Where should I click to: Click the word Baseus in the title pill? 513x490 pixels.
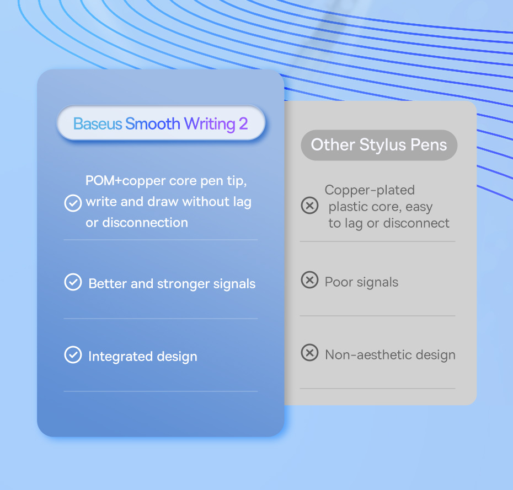(98, 124)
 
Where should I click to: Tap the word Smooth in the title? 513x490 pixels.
(152, 124)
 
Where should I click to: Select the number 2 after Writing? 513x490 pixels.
(243, 124)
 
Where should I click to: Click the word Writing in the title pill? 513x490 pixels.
(210, 125)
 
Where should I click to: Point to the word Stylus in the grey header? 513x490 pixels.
(382, 145)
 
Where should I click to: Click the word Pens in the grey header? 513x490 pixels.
(429, 145)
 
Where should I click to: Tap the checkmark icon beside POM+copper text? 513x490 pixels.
(73, 203)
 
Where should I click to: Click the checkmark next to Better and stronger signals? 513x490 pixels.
(73, 282)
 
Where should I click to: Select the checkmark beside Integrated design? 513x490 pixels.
(73, 354)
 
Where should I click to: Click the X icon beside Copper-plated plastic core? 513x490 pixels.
(309, 205)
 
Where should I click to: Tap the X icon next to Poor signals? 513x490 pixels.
(309, 280)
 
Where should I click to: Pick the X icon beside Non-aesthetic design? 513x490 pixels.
(309, 352)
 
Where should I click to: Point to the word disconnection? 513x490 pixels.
(145, 223)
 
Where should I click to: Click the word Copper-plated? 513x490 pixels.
(370, 191)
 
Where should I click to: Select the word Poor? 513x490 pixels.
(339, 282)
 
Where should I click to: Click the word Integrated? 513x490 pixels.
(120, 357)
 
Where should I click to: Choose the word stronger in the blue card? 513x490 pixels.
(183, 284)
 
